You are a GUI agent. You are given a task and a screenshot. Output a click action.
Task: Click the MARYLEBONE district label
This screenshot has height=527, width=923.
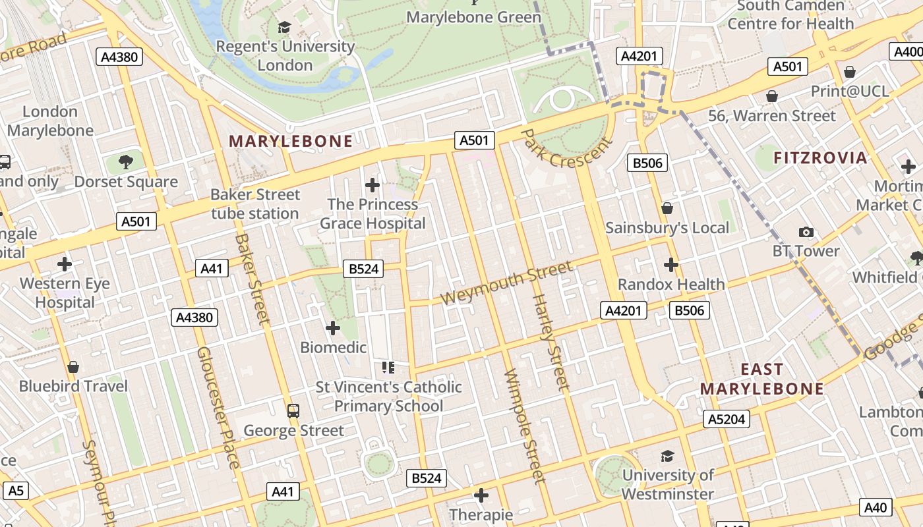pos(291,141)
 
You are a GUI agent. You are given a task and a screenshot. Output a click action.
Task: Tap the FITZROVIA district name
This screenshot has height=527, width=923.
pos(820,158)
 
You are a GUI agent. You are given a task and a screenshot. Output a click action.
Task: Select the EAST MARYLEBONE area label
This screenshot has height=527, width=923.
pos(762,379)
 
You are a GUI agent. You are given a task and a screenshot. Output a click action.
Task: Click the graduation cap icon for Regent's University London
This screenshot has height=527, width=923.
pos(284,27)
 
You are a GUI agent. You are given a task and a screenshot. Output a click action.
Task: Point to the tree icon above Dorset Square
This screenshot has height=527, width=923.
pos(125,161)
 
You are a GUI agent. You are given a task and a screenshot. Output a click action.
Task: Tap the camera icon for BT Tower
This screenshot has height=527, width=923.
pos(806,232)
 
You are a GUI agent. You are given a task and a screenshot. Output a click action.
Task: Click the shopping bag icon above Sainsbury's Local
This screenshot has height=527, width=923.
pos(667,208)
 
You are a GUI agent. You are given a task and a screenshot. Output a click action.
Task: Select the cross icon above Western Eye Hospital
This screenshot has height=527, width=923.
pos(65,264)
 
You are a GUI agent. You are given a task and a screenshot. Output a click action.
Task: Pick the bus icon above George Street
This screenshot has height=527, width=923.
pos(293,411)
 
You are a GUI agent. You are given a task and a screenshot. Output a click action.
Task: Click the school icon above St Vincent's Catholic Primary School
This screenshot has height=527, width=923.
pos(388,367)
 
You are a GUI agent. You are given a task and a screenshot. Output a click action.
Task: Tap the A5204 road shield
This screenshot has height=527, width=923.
pos(727,419)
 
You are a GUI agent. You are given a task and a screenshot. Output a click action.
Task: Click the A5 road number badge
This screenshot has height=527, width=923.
pos(16,490)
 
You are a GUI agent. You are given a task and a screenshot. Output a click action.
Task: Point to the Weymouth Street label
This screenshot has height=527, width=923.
pos(506,283)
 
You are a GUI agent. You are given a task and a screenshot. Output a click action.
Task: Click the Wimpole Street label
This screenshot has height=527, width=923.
pos(525,426)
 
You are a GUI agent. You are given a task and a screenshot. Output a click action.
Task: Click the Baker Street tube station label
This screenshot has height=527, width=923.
pos(255,204)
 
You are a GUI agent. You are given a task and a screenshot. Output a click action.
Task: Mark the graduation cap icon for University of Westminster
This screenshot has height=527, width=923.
pos(667,456)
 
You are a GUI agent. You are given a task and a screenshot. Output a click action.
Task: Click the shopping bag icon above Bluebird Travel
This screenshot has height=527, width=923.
pos(73,366)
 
